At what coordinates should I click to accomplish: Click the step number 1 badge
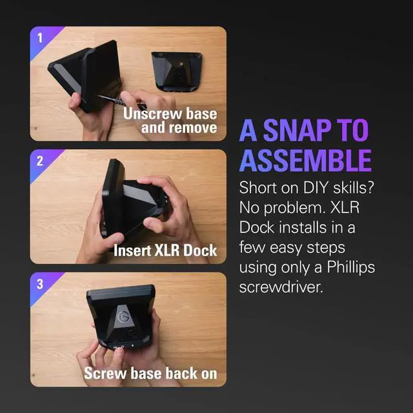click(x=39, y=37)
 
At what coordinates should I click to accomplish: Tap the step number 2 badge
click(x=39, y=161)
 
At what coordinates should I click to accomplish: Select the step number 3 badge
click(x=39, y=283)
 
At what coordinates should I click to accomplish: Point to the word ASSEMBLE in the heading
click(x=305, y=160)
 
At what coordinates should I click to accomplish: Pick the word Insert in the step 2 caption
click(x=134, y=250)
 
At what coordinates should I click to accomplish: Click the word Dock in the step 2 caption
click(x=199, y=250)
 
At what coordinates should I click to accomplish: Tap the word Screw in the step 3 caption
click(x=103, y=373)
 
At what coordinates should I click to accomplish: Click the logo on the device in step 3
click(x=123, y=317)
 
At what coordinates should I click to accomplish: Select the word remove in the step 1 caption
click(x=192, y=127)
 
